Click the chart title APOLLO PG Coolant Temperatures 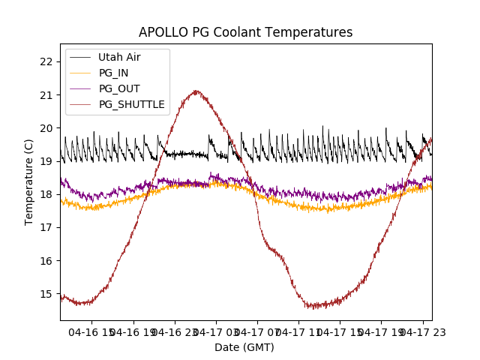pyautogui.click(x=245, y=32)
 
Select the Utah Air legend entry pyautogui.click(x=119, y=57)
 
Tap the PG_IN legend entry pyautogui.click(x=114, y=73)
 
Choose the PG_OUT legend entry pyautogui.click(x=119, y=88)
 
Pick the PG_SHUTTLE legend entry pyautogui.click(x=131, y=104)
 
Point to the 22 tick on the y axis pyautogui.click(x=46, y=61)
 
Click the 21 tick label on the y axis pyautogui.click(x=46, y=94)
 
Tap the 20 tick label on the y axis pyautogui.click(x=46, y=128)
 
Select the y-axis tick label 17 pyautogui.click(x=46, y=227)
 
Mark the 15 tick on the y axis pyautogui.click(x=46, y=294)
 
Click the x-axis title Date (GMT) pyautogui.click(x=244, y=347)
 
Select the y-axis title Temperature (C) pyautogui.click(x=29, y=181)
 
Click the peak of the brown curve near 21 pyautogui.click(x=196, y=91)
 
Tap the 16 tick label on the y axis pyautogui.click(x=46, y=261)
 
